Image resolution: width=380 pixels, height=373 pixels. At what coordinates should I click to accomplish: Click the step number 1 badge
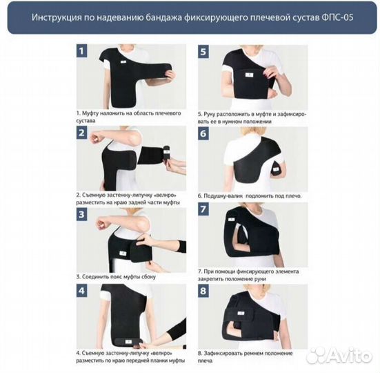[81, 50]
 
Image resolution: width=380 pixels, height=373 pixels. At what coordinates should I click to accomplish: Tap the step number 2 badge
[81, 133]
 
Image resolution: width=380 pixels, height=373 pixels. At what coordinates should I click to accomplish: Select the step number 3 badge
[81, 214]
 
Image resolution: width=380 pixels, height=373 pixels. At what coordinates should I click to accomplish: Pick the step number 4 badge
[81, 291]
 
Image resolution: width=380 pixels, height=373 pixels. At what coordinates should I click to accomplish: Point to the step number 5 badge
[203, 51]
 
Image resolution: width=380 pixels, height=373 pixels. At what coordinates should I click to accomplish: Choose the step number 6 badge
[203, 133]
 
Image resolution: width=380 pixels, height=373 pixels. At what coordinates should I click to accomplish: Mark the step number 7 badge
[203, 209]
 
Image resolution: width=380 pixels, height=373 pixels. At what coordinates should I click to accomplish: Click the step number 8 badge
[203, 291]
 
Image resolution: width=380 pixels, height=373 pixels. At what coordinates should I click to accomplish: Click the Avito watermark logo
[339, 356]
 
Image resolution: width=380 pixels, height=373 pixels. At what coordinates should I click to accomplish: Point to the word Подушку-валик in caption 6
[223, 196]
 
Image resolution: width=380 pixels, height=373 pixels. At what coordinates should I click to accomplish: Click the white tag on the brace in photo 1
[123, 62]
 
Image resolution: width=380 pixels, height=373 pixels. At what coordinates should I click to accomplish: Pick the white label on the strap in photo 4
[128, 342]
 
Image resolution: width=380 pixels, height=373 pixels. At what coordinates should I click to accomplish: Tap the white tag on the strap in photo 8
[241, 313]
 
